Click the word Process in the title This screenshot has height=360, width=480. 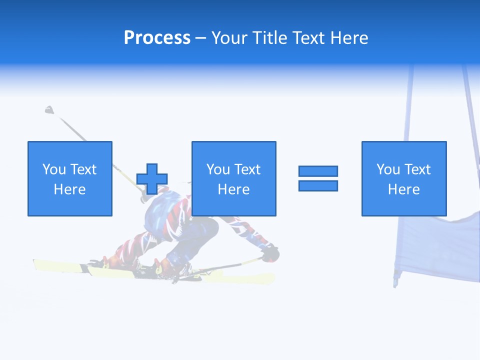(x=157, y=38)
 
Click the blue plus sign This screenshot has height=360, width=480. (x=152, y=179)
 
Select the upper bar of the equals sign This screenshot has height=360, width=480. (x=318, y=171)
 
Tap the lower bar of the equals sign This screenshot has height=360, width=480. (x=318, y=185)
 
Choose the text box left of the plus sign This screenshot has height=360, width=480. (x=70, y=178)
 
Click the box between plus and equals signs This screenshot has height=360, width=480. (x=233, y=178)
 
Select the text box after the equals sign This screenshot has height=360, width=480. (x=404, y=178)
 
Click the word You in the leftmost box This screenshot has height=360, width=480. (x=54, y=169)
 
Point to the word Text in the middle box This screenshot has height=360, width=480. (x=247, y=169)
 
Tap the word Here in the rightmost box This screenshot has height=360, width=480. (x=404, y=189)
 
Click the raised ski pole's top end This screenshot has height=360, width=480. (x=49, y=109)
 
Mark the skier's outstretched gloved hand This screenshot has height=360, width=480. (x=270, y=253)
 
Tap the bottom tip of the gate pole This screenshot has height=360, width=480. (x=395, y=285)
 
